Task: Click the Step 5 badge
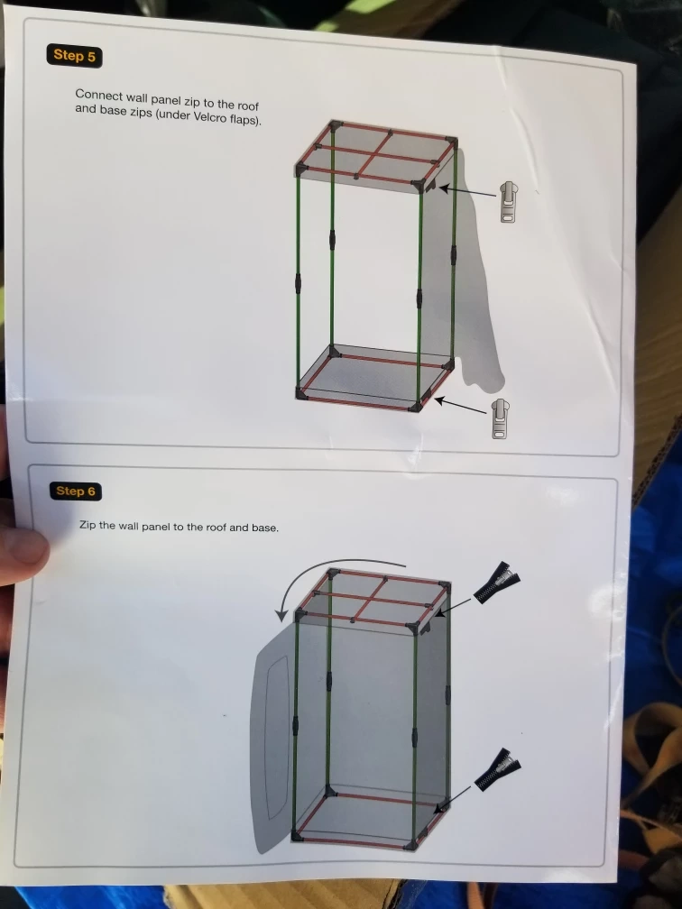coord(74,56)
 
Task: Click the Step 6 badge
coord(76,491)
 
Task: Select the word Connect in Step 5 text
coord(98,95)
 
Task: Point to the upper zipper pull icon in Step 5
coord(509,201)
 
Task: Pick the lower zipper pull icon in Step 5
coord(501,418)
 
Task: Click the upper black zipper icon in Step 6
coord(496,582)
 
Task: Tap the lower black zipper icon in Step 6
coord(498,769)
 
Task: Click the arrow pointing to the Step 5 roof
coord(467,191)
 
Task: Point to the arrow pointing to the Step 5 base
coord(460,405)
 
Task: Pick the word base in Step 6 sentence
coord(264,528)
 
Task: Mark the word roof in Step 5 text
coord(247,105)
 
